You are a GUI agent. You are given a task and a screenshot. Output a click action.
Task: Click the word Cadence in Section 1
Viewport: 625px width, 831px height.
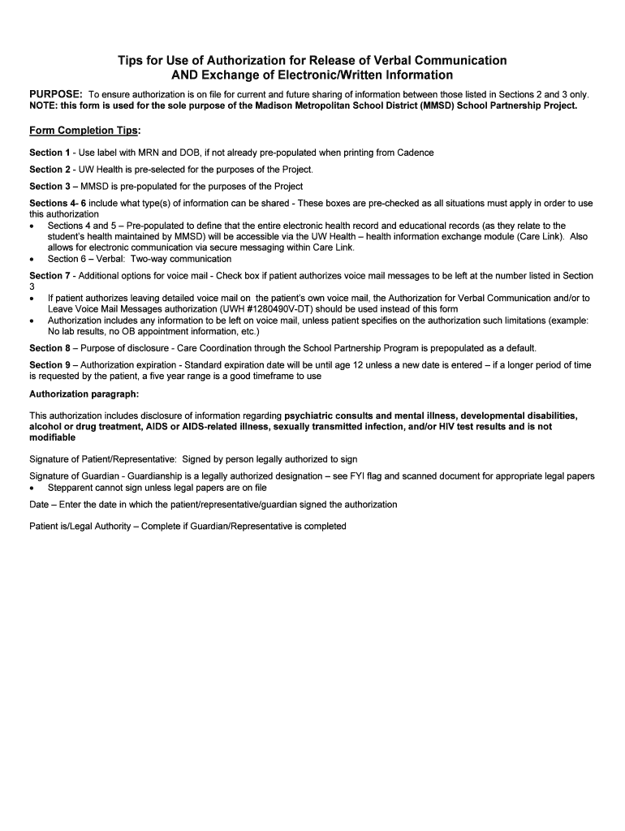(x=415, y=153)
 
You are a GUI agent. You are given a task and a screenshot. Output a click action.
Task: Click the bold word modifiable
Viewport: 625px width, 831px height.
(x=52, y=437)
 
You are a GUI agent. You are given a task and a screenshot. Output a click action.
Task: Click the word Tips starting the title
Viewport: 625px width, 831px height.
(x=132, y=61)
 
